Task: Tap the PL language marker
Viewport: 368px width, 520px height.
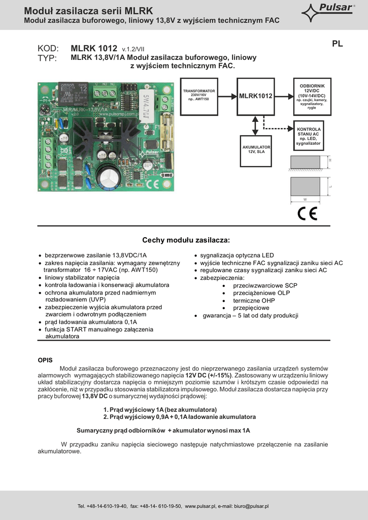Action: (338, 44)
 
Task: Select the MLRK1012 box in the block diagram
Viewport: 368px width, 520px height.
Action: (256, 96)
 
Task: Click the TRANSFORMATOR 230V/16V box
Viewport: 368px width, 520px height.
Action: (199, 96)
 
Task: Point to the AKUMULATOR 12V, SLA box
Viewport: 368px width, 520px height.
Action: (255, 151)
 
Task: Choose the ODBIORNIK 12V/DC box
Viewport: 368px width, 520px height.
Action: (312, 96)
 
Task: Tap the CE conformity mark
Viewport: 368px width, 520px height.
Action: (307, 214)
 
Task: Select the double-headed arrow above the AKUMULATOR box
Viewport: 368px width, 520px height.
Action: (256, 125)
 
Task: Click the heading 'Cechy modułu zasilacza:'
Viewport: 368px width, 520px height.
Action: (186, 240)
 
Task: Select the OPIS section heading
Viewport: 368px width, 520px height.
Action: (45, 360)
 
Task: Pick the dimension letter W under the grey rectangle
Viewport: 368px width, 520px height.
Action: (305, 199)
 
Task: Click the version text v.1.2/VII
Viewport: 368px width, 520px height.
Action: (133, 49)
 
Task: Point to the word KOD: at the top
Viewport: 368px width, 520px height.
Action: (48, 49)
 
